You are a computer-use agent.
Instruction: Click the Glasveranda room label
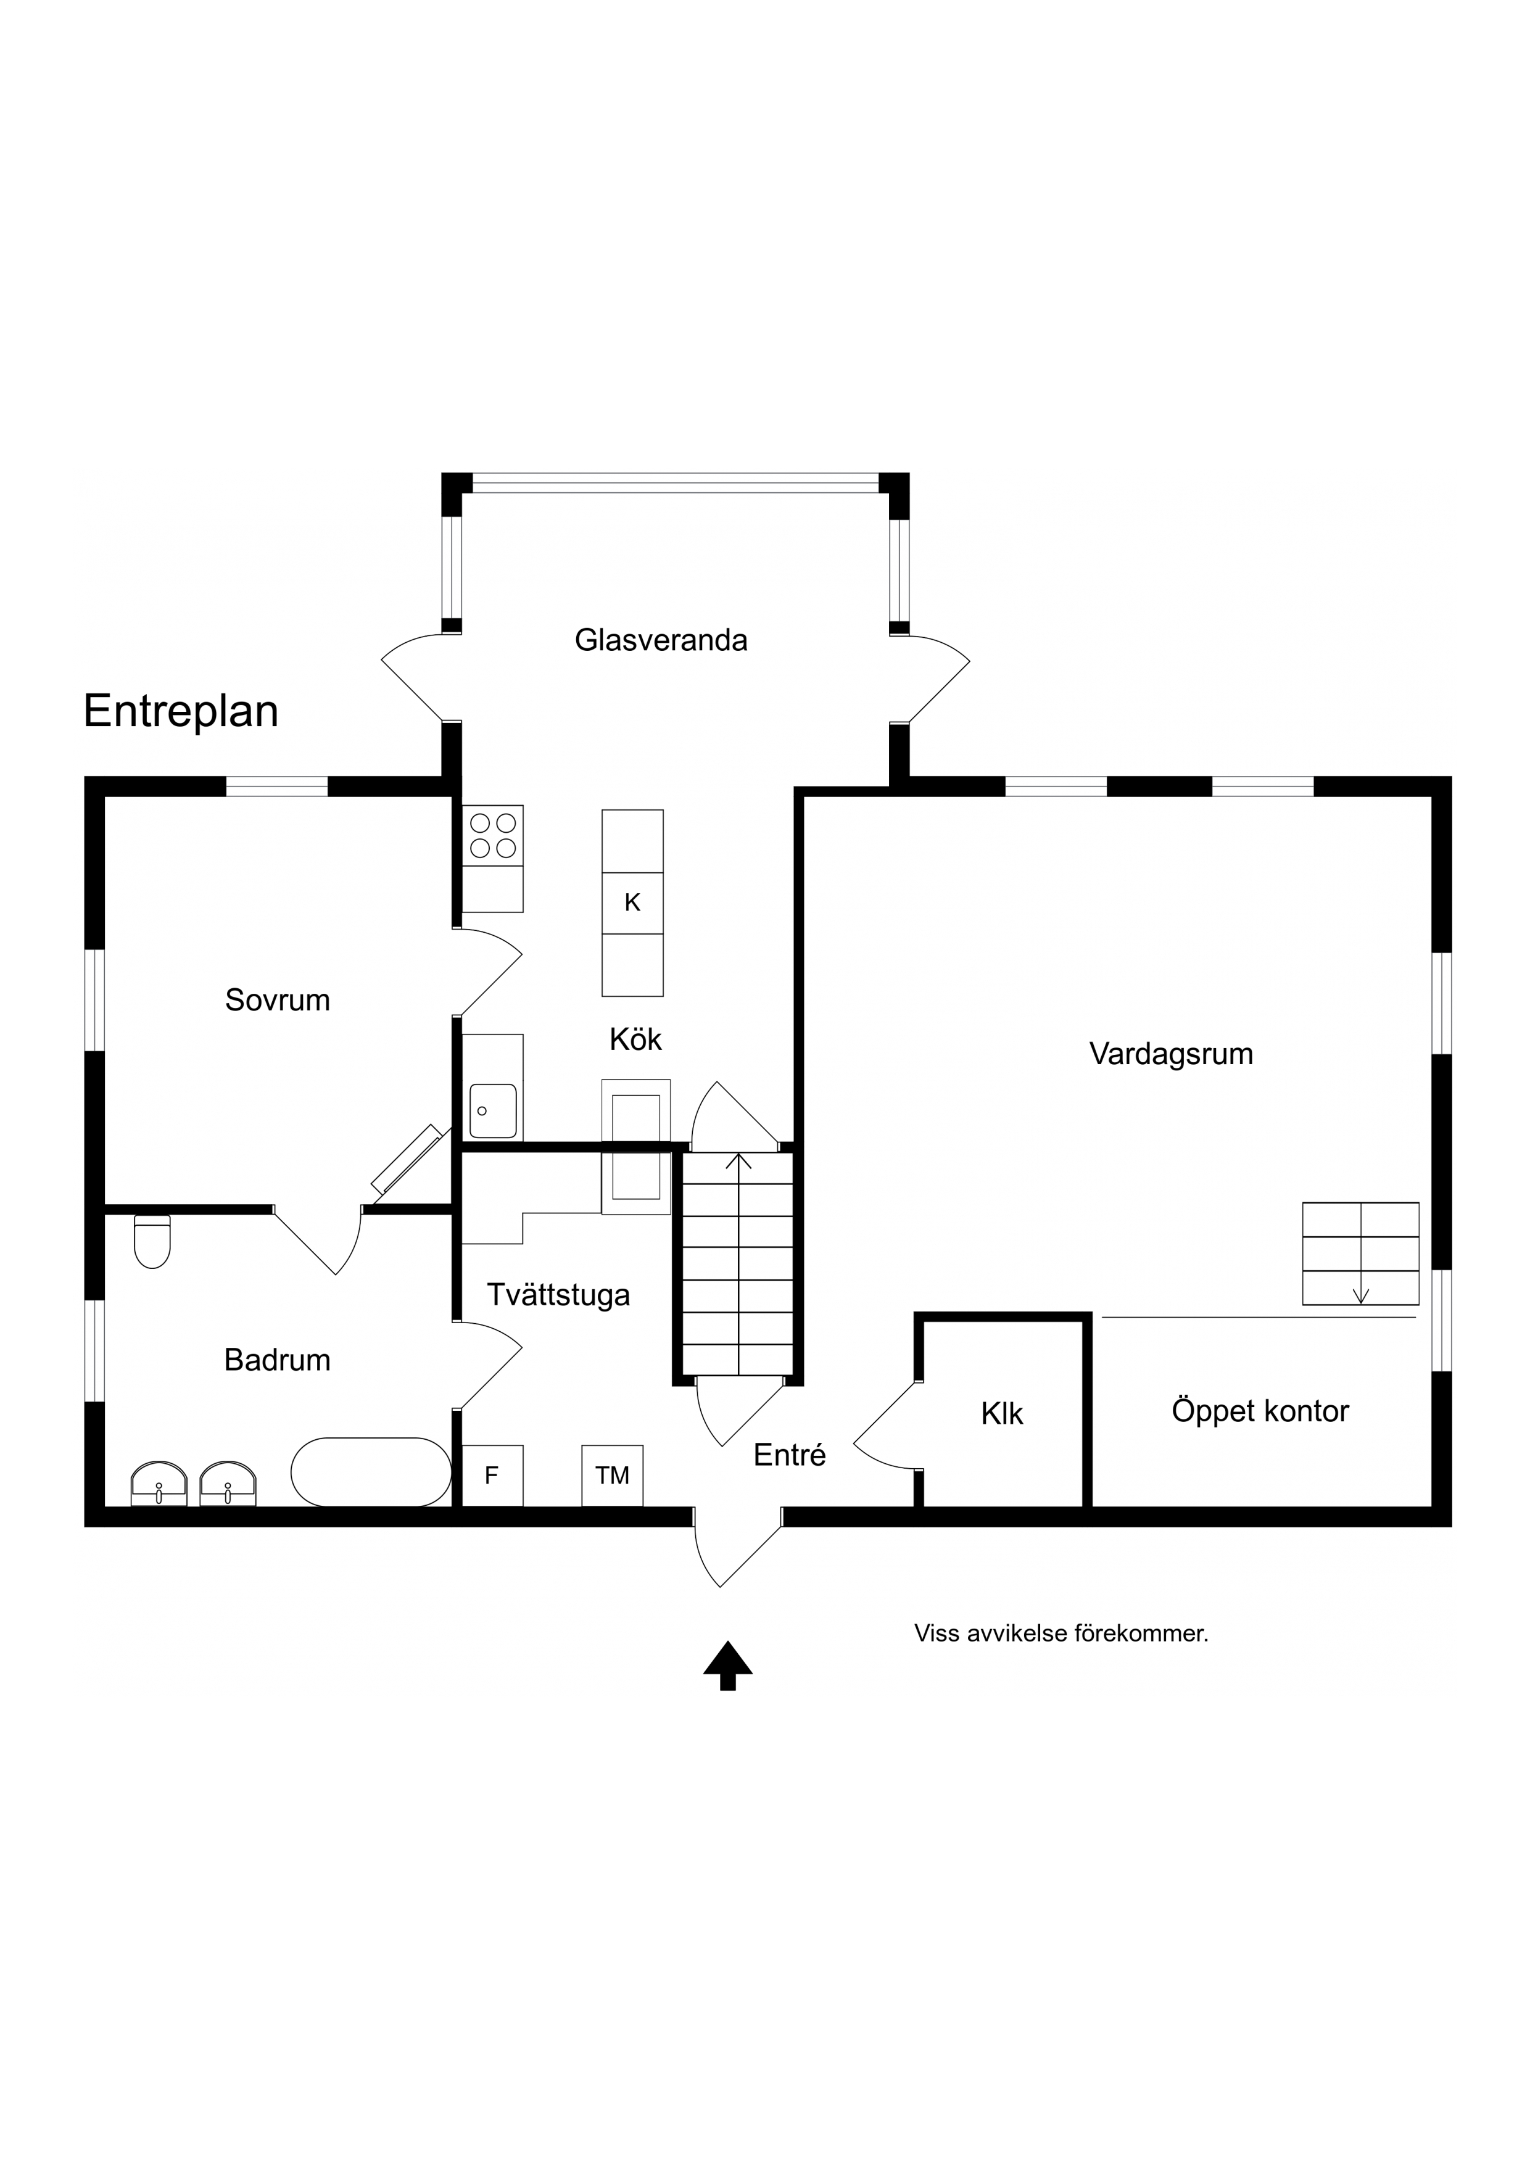(x=661, y=641)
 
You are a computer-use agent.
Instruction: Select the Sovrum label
(x=277, y=1000)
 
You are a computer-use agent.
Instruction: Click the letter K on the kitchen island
(x=632, y=903)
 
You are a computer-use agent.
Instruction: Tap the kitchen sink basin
(x=493, y=1110)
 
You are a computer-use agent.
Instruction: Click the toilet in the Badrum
(x=153, y=1241)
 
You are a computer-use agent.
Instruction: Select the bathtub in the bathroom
(x=371, y=1472)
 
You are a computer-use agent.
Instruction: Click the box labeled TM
(x=613, y=1476)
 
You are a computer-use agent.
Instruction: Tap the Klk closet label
(x=1002, y=1414)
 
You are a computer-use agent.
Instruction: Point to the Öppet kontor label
(x=1260, y=1411)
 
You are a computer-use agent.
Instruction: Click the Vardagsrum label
(x=1172, y=1054)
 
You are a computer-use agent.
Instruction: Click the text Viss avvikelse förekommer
(x=1062, y=1633)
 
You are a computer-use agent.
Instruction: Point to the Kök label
(x=635, y=1039)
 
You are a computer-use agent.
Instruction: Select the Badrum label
(x=277, y=1360)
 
